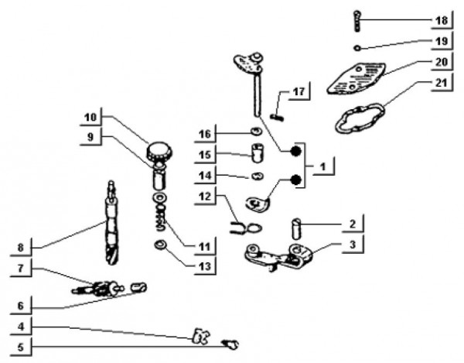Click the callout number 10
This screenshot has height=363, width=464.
[91, 117]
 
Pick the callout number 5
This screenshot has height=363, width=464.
[22, 347]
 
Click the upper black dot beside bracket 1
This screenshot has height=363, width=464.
[295, 152]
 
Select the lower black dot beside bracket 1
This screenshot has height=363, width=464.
[295, 181]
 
